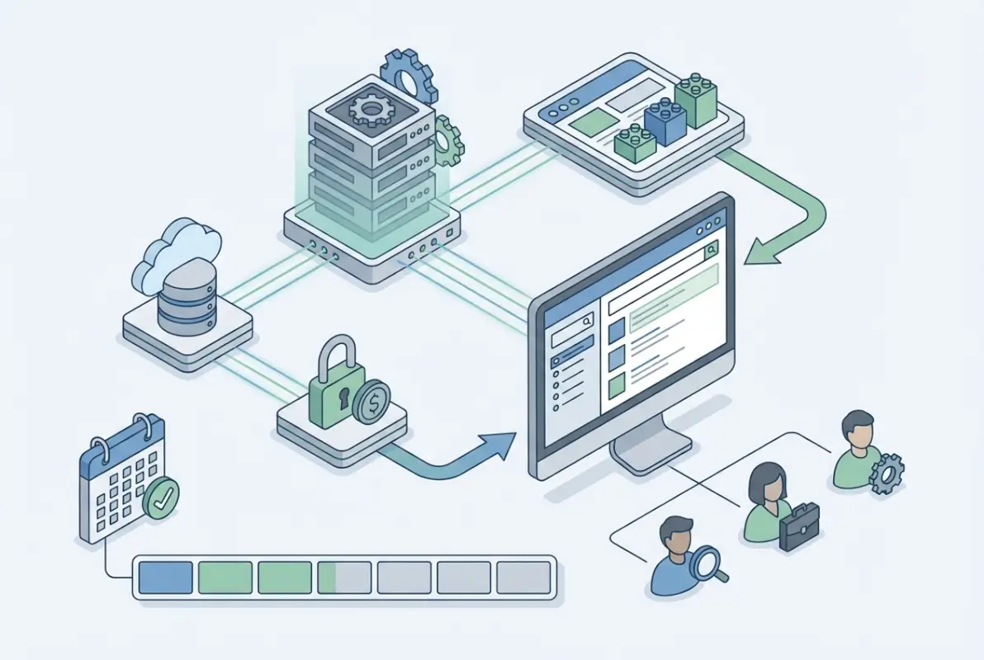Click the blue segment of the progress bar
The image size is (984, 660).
coord(165,577)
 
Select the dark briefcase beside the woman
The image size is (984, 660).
coord(799,526)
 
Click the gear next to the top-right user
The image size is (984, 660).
coord(887,473)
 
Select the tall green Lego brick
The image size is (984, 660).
coord(696,97)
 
